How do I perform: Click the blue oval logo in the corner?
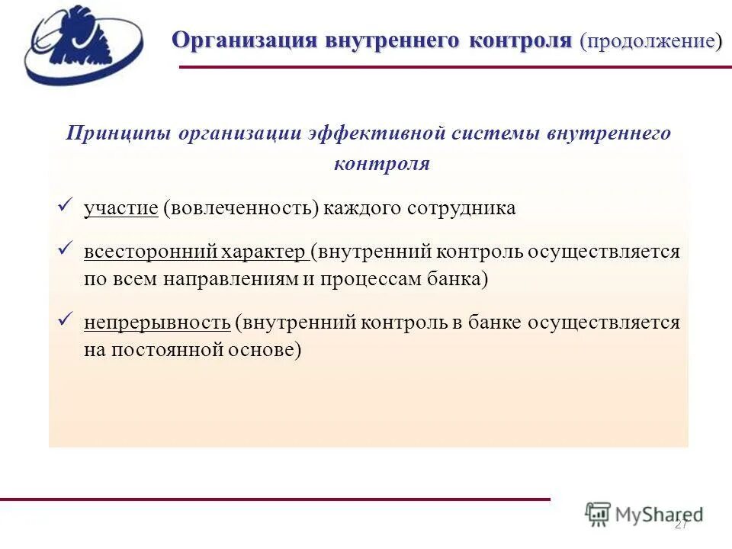coord(83,44)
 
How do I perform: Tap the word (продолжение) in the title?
coord(650,40)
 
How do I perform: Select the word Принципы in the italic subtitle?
coord(117,133)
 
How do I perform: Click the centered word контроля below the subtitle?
coord(381,163)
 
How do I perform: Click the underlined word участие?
coord(120,208)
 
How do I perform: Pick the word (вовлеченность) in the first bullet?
coord(239,208)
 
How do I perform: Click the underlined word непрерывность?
coord(157,322)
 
